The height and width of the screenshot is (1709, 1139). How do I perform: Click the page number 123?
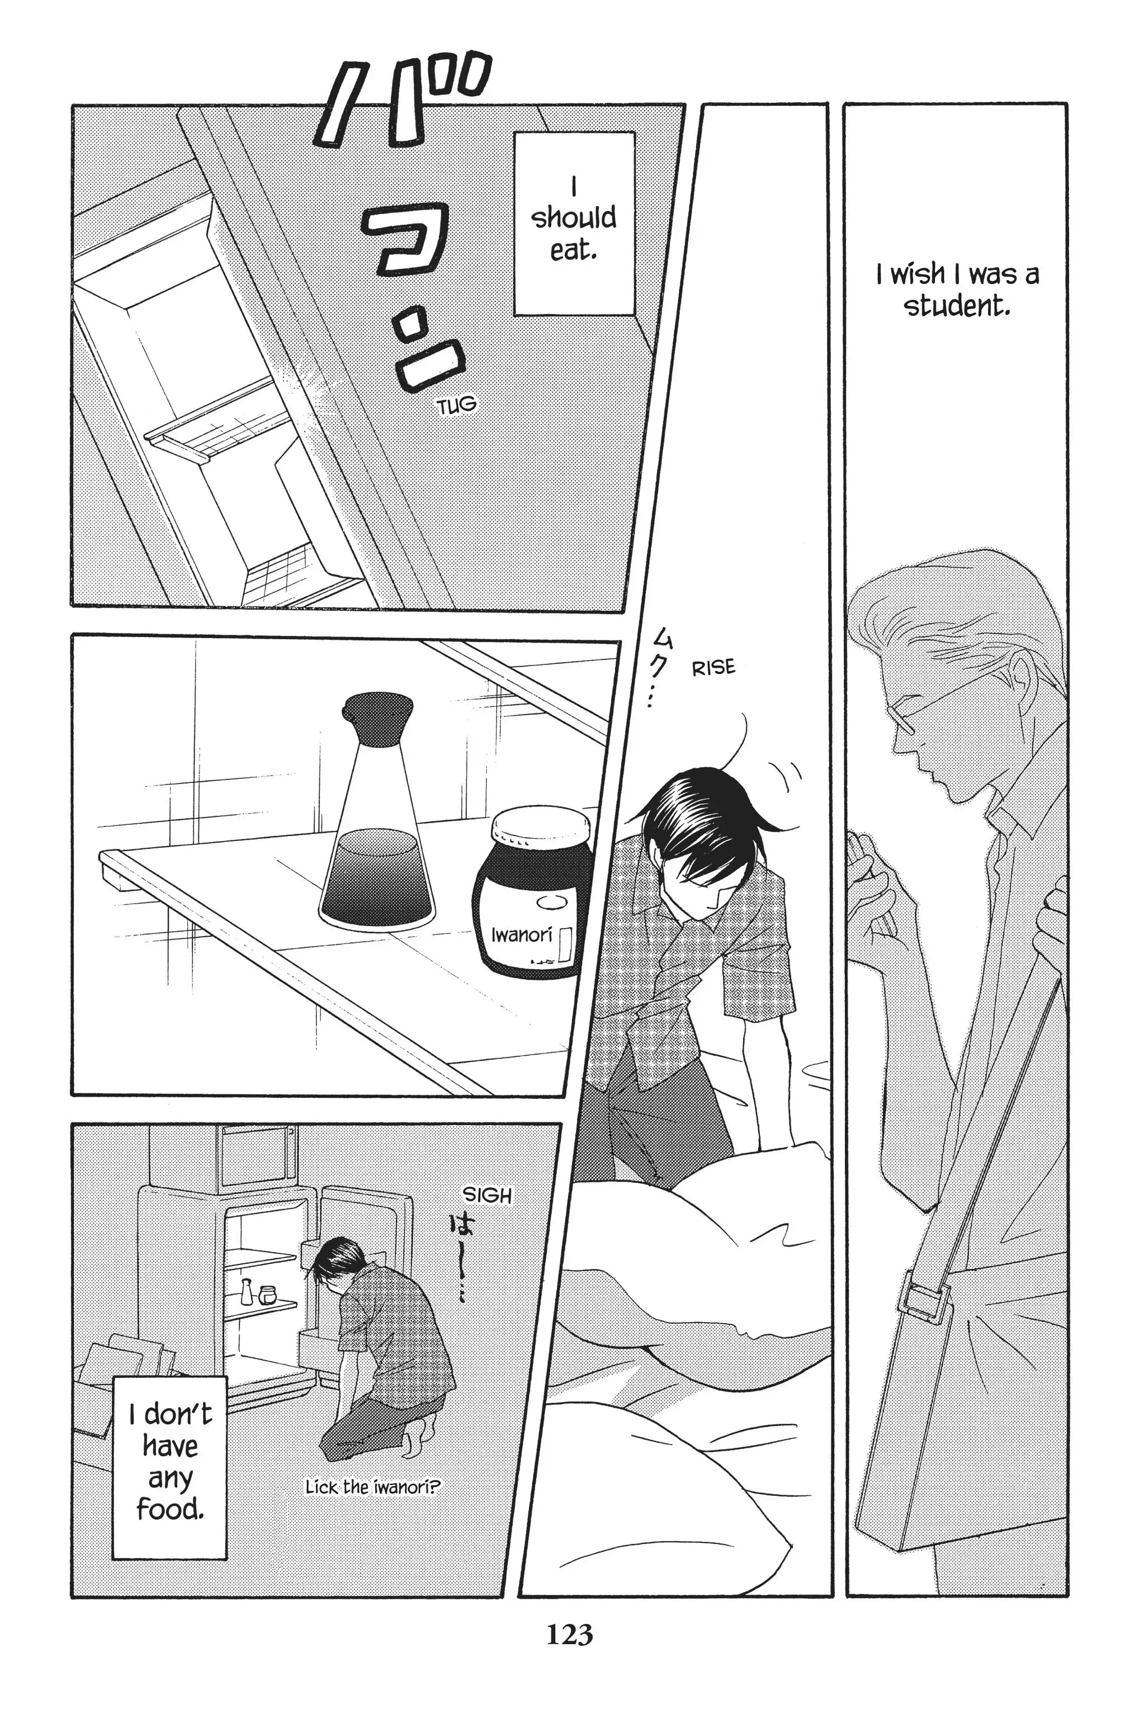tap(570, 1635)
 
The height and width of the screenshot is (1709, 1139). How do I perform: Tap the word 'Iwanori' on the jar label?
tap(522, 934)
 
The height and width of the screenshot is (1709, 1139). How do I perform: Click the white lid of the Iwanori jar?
tap(541, 827)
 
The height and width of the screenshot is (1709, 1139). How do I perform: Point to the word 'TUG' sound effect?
tap(457, 404)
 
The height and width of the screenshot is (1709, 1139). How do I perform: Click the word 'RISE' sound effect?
tap(713, 668)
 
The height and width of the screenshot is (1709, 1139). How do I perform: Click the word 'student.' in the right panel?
tap(957, 306)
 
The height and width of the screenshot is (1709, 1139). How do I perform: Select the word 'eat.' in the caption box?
tap(573, 251)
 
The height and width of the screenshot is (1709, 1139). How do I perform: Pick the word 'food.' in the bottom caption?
tap(170, 1509)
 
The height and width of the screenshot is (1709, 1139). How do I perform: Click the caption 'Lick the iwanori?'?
tap(372, 1488)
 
